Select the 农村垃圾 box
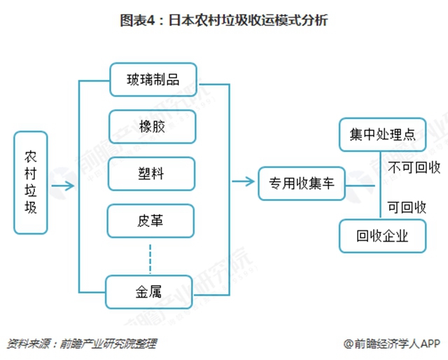pos(31,181)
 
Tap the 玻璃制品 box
pos(152,80)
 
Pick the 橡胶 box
pos(152,127)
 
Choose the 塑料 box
pos(152,174)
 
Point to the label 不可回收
pos(414,167)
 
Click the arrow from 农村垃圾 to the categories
pos(63,186)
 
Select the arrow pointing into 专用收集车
pos(243,183)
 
